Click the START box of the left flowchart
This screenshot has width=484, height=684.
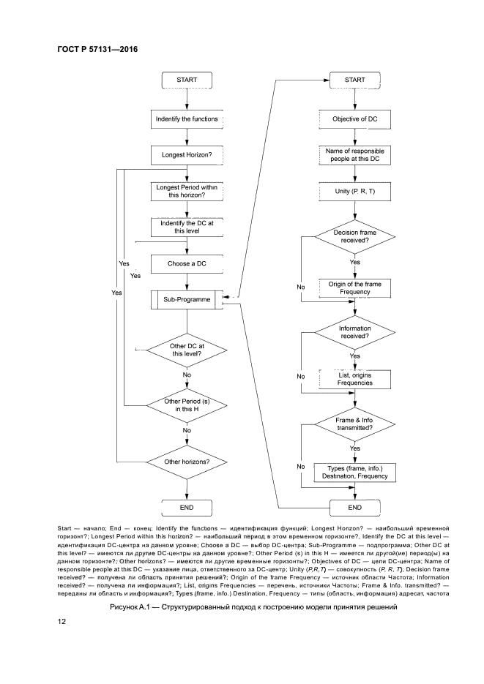coord(187,80)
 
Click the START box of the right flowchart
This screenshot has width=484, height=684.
coord(355,80)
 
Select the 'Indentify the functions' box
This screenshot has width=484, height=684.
coord(187,118)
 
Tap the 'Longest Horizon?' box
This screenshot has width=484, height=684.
coord(187,155)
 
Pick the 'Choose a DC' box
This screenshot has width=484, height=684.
coord(187,263)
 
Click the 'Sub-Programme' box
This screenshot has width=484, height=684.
coord(187,300)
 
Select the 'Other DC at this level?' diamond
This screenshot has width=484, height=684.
coord(187,349)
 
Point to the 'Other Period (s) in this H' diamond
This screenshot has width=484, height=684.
coord(187,406)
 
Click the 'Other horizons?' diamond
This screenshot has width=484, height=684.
coord(187,462)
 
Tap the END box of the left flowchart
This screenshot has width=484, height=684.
coord(187,507)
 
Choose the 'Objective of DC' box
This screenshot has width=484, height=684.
coord(355,118)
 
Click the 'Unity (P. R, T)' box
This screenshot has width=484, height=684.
coord(355,192)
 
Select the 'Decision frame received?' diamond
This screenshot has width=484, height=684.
coord(355,235)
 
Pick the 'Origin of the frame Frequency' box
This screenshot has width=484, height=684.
coord(355,287)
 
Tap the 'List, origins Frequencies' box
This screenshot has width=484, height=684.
coord(355,379)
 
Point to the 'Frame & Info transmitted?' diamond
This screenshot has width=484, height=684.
coord(355,425)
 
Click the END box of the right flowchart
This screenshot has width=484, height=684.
coord(355,507)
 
